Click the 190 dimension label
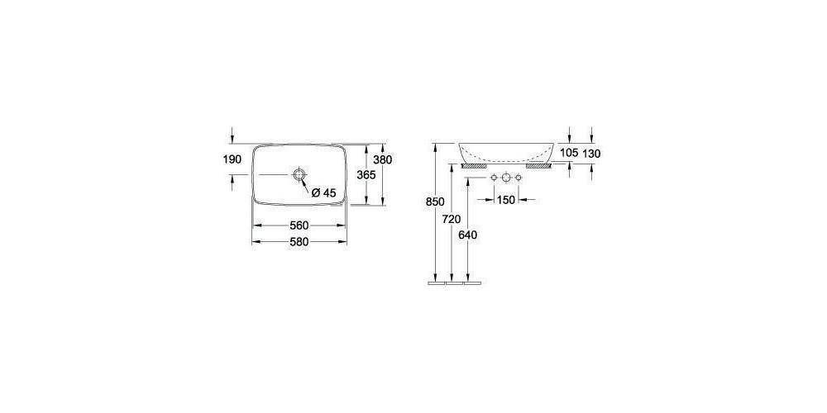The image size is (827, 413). tap(232, 159)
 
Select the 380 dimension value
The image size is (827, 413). tap(382, 159)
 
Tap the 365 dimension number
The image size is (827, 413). tap(366, 175)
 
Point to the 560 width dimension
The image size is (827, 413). tap(299, 225)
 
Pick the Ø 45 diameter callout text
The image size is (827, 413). tap(323, 192)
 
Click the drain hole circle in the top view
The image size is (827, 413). tap(299, 175)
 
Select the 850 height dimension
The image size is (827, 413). tap(436, 202)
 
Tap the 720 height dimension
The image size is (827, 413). tap(451, 219)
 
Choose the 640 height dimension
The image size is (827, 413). tap(467, 235)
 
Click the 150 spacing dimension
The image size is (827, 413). tap(505, 199)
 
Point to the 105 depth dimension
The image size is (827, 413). tap(568, 153)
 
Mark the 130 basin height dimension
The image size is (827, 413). tap(592, 153)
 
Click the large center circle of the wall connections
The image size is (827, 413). tap(505, 178)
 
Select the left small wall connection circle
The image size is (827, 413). tap(493, 178)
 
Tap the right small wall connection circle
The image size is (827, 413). tap(519, 178)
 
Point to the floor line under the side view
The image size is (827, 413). tap(453, 282)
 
